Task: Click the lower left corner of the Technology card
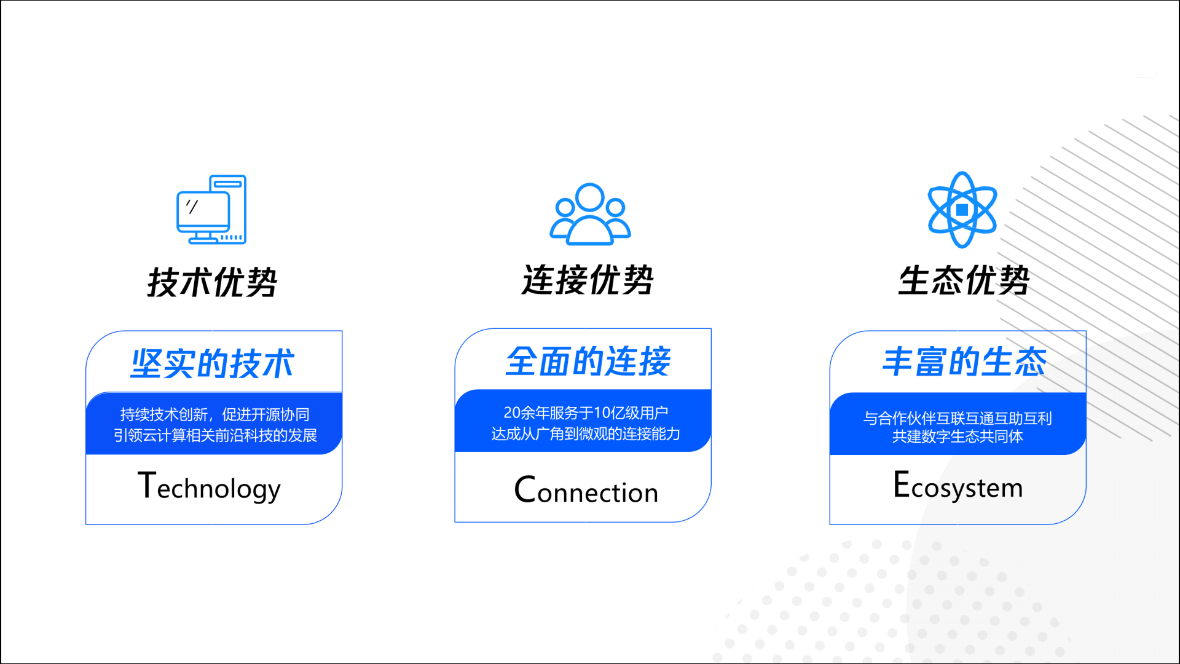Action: [x=86, y=524]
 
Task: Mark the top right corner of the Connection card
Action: [x=711, y=328]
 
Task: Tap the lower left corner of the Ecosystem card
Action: [x=830, y=524]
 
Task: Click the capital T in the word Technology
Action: [x=146, y=485]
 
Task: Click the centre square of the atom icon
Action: [x=962, y=210]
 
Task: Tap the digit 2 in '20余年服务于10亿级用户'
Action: [x=508, y=413]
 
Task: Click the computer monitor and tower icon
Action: [x=211, y=209]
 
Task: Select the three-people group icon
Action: [x=590, y=214]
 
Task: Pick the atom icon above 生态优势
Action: [x=962, y=210]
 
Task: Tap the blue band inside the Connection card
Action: [x=583, y=421]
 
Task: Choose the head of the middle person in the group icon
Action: [x=590, y=197]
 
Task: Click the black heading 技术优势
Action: [x=212, y=282]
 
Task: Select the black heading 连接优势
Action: [x=588, y=280]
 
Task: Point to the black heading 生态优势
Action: [x=963, y=280]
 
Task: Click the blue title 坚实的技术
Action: [x=213, y=363]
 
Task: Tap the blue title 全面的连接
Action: [x=588, y=361]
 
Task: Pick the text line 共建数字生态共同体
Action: [x=958, y=437]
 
